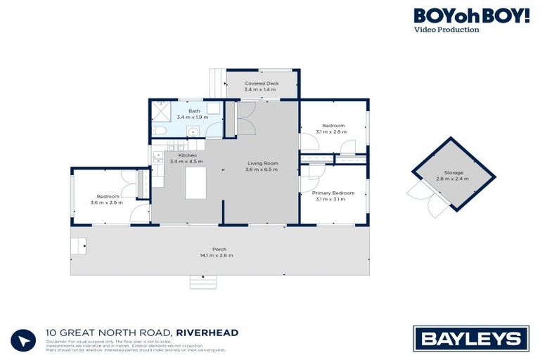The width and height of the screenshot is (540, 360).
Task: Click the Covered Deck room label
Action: (x=262, y=84)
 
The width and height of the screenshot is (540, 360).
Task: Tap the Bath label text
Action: (x=193, y=110)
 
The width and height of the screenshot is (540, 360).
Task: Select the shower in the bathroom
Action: (x=162, y=110)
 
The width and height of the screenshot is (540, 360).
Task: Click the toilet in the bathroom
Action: (x=159, y=131)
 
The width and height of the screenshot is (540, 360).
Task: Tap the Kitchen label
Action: (x=187, y=155)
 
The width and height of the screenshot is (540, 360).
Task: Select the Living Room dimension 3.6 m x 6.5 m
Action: (x=262, y=170)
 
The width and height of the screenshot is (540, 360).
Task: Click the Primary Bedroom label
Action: (x=333, y=193)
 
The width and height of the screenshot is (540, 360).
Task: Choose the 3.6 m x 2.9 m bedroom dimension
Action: (x=106, y=202)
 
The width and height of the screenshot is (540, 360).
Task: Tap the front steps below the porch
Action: (x=204, y=282)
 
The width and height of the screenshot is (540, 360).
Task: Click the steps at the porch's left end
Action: (x=78, y=246)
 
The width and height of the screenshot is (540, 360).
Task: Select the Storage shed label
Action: (x=452, y=173)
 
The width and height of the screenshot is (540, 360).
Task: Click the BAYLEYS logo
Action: (x=470, y=337)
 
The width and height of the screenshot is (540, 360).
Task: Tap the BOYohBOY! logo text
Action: (x=471, y=15)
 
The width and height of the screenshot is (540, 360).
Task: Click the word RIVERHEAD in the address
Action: (x=207, y=333)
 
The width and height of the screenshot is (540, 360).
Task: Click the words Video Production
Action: (x=446, y=30)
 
